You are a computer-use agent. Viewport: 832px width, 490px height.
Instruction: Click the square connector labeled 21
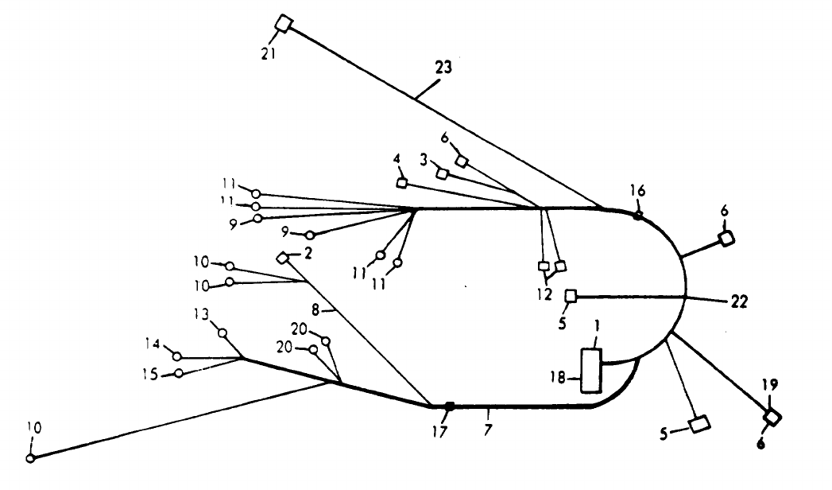284,25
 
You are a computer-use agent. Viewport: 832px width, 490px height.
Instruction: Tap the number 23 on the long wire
443,68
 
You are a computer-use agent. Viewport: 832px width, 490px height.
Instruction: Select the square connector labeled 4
402,183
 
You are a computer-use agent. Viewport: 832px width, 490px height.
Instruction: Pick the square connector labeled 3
442,174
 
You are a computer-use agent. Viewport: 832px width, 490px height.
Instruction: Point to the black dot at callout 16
637,215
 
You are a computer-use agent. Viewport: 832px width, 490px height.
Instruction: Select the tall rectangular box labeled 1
590,369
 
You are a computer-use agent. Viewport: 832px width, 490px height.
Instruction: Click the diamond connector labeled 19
770,416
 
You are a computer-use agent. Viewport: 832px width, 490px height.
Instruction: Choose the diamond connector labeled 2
283,258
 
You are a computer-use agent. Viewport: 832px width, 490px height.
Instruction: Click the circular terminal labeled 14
177,356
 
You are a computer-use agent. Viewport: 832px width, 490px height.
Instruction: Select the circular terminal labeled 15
179,373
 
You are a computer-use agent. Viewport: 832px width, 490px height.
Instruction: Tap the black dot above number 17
449,406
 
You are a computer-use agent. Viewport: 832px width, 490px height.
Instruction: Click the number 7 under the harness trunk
489,430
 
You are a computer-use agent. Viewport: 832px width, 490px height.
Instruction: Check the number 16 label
637,191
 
